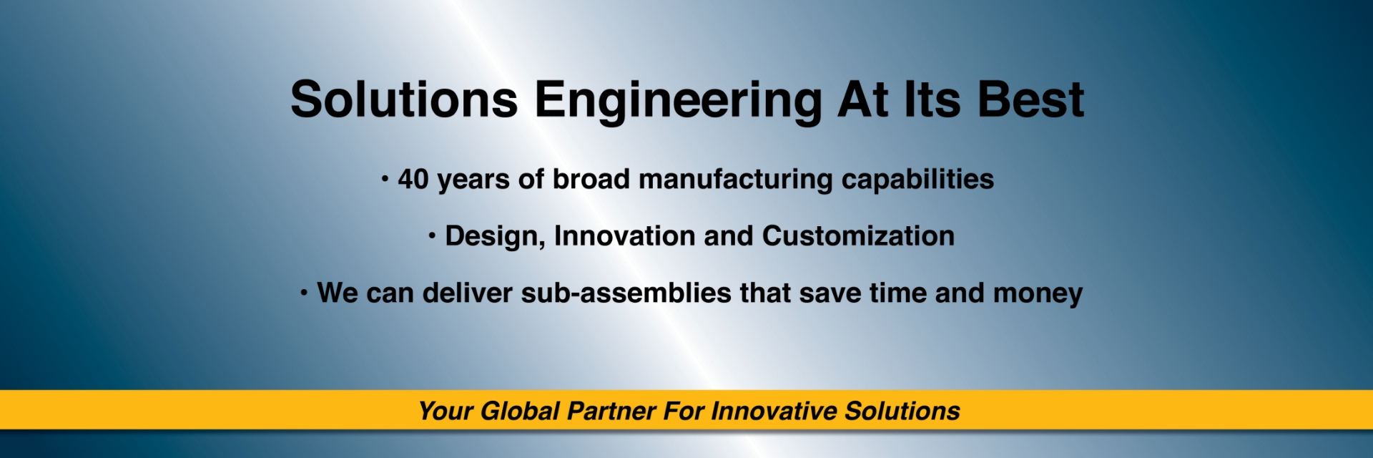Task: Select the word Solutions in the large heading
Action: point(404,99)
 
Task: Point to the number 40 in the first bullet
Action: point(413,179)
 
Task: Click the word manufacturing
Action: point(735,179)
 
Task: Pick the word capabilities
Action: point(917,179)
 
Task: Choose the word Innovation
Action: point(624,236)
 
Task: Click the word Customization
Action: point(858,236)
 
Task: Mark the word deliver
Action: point(467,293)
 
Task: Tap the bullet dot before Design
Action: point(432,236)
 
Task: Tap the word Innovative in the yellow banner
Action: point(774,411)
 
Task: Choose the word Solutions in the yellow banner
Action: point(902,411)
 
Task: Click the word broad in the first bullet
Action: point(591,179)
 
